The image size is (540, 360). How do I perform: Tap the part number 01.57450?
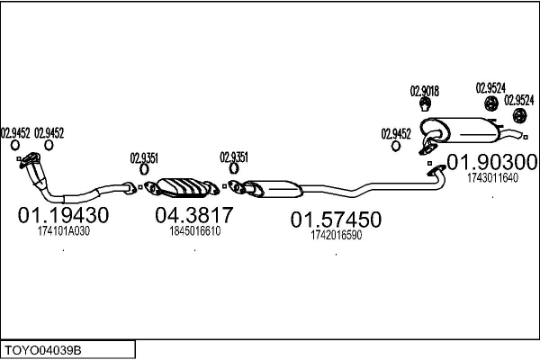tap(335, 220)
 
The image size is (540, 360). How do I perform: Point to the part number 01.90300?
tap(492, 162)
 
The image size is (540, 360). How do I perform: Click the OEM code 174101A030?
tap(64, 231)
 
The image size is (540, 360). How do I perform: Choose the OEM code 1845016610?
tap(194, 231)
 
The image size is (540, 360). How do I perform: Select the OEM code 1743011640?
tap(492, 177)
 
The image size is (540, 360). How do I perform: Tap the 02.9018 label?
tap(425, 90)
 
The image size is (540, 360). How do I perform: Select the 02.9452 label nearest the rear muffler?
tap(396, 133)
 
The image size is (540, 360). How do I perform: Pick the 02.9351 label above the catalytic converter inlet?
tap(145, 157)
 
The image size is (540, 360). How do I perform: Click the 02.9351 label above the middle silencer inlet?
tap(234, 157)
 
